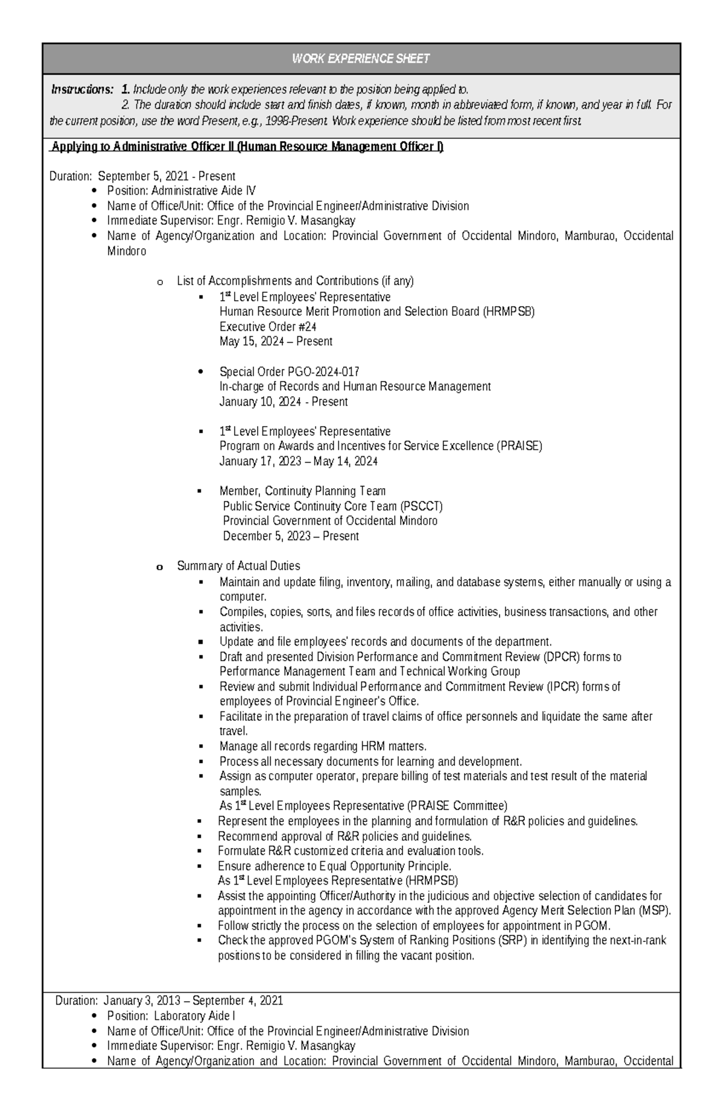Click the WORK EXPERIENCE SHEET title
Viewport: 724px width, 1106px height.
tap(361, 58)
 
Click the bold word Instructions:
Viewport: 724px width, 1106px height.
tap(82, 90)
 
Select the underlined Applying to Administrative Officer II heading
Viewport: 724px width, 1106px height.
tap(247, 147)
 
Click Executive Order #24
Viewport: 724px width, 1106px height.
tap(268, 327)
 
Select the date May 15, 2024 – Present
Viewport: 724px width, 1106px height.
tap(276, 342)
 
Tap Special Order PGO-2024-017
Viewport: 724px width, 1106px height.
tap(290, 371)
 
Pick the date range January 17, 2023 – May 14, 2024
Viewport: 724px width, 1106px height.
tap(298, 461)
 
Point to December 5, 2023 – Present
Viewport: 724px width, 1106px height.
tap(291, 536)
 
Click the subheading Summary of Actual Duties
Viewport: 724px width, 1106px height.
tap(238, 566)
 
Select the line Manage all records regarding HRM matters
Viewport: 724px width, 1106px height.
tap(323, 746)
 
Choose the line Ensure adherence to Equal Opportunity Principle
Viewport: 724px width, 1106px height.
tap(334, 866)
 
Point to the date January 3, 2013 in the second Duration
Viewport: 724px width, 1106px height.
tap(142, 1001)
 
